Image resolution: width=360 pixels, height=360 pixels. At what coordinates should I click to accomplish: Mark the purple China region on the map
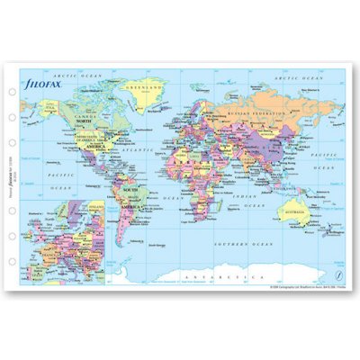pyautogui.click(x=270, y=148)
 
